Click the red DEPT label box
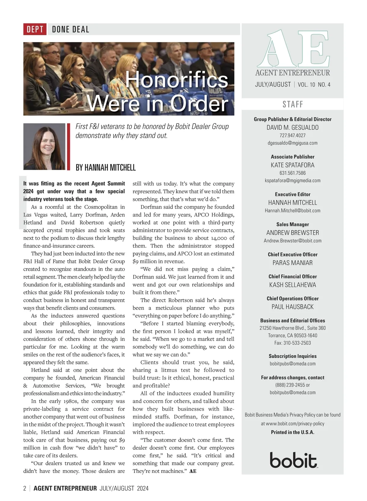35,29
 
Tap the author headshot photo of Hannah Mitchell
44,147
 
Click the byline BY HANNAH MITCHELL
106,168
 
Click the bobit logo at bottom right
293,460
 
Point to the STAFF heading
293,104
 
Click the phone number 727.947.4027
292,135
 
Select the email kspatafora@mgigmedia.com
292,180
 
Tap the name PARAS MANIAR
292,263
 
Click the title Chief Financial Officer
292,276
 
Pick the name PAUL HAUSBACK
292,307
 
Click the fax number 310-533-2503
292,343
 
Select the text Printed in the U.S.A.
292,432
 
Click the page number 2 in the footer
25,488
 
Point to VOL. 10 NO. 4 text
314,85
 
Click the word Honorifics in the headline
176,80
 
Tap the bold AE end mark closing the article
193,471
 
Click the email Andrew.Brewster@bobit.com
292,241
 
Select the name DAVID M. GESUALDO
292,128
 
